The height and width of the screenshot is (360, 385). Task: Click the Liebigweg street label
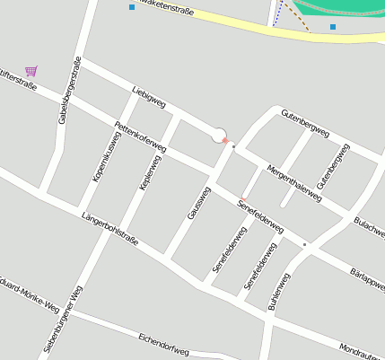[148, 98]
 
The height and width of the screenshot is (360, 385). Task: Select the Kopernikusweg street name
[106, 150]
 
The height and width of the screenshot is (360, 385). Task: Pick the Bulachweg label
[368, 224]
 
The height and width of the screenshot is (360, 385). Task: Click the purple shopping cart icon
[31, 70]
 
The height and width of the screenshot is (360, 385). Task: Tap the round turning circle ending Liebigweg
[218, 135]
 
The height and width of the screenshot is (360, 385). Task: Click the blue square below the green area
[333, 27]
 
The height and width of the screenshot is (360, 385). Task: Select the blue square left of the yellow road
[132, 7]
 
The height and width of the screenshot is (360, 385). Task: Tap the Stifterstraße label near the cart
[18, 86]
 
